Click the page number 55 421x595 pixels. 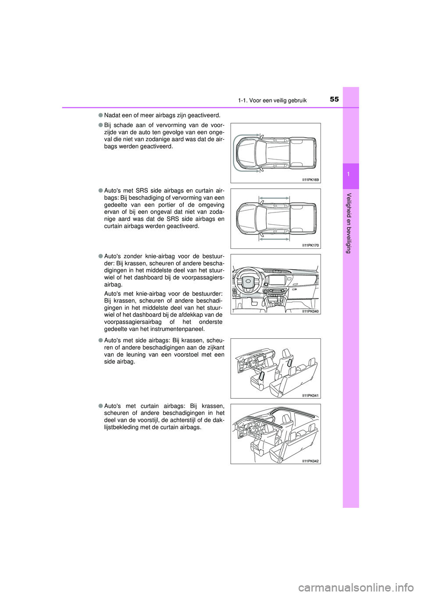click(x=334, y=99)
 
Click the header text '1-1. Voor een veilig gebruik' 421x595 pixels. click(x=272, y=100)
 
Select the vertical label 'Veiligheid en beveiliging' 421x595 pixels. click(x=349, y=223)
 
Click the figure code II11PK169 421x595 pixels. click(x=310, y=180)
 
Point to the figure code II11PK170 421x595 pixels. click(x=310, y=245)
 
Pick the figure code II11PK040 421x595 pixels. click(x=310, y=311)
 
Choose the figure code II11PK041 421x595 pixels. click(x=310, y=395)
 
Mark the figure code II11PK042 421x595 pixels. click(x=310, y=461)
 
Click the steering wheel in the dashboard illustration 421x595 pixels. click(x=249, y=281)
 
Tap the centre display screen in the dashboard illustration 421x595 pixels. click(x=277, y=280)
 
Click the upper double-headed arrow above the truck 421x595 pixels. click(x=274, y=198)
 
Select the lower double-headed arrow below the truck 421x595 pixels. click(x=274, y=239)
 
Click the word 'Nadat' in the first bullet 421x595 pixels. click(x=112, y=115)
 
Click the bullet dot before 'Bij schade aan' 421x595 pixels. click(x=100, y=125)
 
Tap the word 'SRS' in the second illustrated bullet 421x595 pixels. click(x=142, y=191)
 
